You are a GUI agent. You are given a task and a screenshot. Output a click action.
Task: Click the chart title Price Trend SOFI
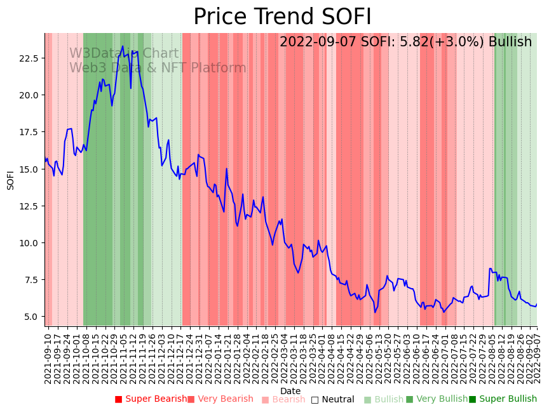click(282, 17)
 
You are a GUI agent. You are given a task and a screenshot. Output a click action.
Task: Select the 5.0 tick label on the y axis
click(32, 317)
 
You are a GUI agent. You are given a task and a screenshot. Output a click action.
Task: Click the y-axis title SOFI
click(10, 180)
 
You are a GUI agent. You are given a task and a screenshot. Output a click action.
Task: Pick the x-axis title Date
click(290, 391)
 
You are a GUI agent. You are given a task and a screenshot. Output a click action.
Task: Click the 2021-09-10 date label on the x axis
click(48, 355)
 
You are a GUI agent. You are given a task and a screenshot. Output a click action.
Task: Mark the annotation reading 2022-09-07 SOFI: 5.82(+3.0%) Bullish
click(405, 42)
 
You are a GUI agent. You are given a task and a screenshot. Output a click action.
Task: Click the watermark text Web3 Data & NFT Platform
click(158, 68)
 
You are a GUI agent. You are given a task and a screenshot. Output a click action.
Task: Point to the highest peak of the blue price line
click(123, 46)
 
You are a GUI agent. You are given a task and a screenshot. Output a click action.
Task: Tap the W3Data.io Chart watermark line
click(124, 53)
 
